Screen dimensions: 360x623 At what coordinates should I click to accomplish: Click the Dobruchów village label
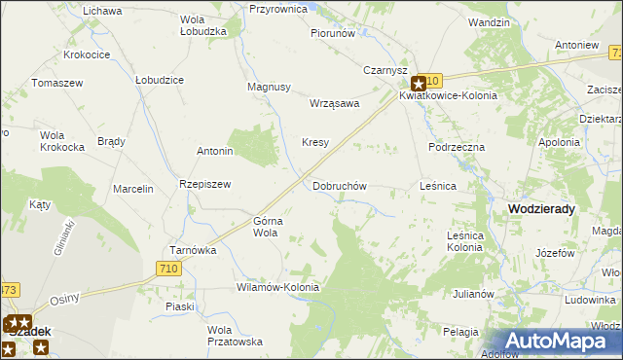pyautogui.click(x=339, y=186)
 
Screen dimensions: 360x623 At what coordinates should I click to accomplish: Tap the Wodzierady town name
pyautogui.click(x=541, y=209)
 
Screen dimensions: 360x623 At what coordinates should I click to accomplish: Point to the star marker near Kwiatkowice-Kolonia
pyautogui.click(x=418, y=84)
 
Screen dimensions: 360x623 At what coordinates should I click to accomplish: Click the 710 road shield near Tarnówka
pyautogui.click(x=168, y=269)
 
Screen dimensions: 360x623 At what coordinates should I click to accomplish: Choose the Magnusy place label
pyautogui.click(x=270, y=87)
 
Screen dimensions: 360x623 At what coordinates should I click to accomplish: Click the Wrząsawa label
pyautogui.click(x=334, y=103)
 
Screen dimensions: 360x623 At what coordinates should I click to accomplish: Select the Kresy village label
pyautogui.click(x=314, y=142)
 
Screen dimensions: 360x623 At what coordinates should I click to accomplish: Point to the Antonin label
pyautogui.click(x=215, y=152)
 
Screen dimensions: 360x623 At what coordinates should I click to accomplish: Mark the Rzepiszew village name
pyautogui.click(x=204, y=185)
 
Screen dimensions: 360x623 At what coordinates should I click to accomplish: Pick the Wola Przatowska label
pyautogui.click(x=235, y=336)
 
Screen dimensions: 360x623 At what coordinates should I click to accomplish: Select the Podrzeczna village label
pyautogui.click(x=457, y=147)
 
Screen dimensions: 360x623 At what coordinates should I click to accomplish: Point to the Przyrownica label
pyautogui.click(x=278, y=9)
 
